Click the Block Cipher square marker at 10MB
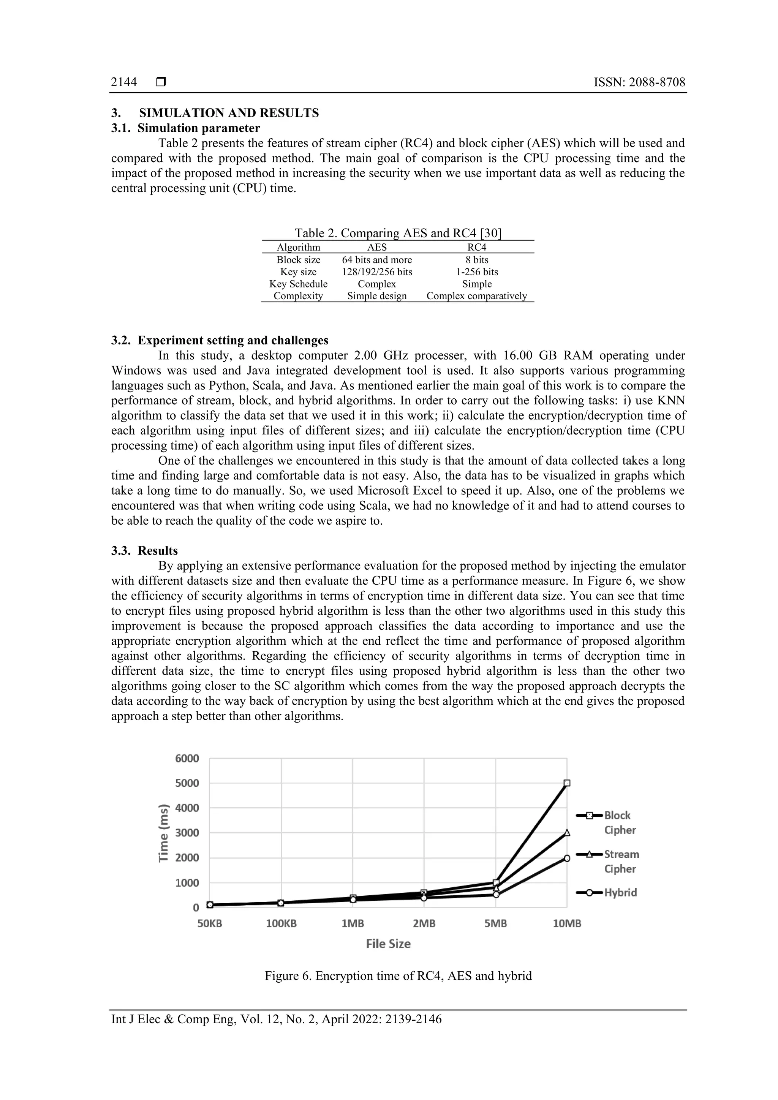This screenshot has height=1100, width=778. click(567, 783)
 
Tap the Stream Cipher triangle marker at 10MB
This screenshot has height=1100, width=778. click(567, 833)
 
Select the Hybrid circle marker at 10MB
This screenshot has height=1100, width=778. click(567, 858)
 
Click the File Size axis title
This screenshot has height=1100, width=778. click(388, 944)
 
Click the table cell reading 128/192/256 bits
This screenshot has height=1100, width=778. click(377, 271)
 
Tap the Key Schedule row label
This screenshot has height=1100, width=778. click(298, 284)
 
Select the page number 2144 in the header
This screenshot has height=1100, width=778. click(124, 82)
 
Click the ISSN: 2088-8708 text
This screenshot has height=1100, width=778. click(639, 82)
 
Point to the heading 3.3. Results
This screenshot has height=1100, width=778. click(144, 551)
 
